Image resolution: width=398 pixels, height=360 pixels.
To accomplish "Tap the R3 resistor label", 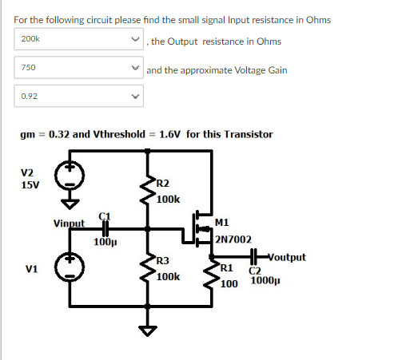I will tap(162, 261).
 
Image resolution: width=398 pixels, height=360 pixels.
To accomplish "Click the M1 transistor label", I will tap(222, 221).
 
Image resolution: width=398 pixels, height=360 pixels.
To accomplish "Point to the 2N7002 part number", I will tap(233, 239).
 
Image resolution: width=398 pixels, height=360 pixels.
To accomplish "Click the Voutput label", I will tap(284, 257).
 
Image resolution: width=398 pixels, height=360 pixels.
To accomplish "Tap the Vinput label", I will tap(69, 223).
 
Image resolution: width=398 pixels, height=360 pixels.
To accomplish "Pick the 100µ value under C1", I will tap(101, 239).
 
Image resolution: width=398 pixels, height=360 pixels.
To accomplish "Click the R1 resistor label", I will tap(226, 268).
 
